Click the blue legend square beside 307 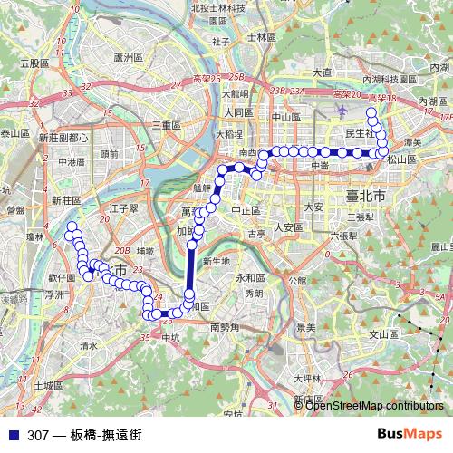coord(10,435)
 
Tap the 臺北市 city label coord(366,196)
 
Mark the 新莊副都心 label coord(63,138)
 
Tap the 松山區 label coord(400,159)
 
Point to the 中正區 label coord(246,210)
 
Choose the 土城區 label coord(45,384)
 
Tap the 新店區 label coord(308,400)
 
